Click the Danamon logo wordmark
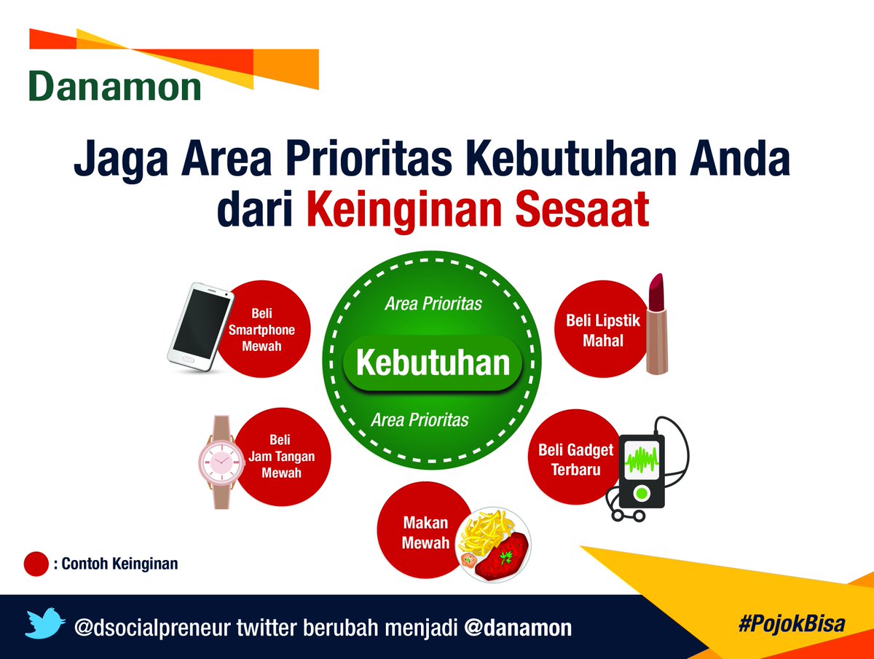click(x=114, y=87)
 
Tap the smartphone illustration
click(x=201, y=327)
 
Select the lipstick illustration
click(x=656, y=323)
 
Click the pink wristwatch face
click(x=221, y=462)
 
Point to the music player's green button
click(x=641, y=494)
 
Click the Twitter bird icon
click(x=45, y=623)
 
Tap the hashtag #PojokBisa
click(x=792, y=623)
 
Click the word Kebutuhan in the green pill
click(x=433, y=363)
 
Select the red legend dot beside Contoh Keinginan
click(x=36, y=564)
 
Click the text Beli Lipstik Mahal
click(x=603, y=331)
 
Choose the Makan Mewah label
click(x=425, y=533)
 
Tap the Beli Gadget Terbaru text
click(x=576, y=459)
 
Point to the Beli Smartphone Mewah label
click(x=261, y=329)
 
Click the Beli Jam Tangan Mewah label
click(x=281, y=456)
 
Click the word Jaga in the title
click(x=121, y=159)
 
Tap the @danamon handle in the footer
click(x=518, y=628)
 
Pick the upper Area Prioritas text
click(x=433, y=304)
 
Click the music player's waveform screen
click(x=642, y=460)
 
